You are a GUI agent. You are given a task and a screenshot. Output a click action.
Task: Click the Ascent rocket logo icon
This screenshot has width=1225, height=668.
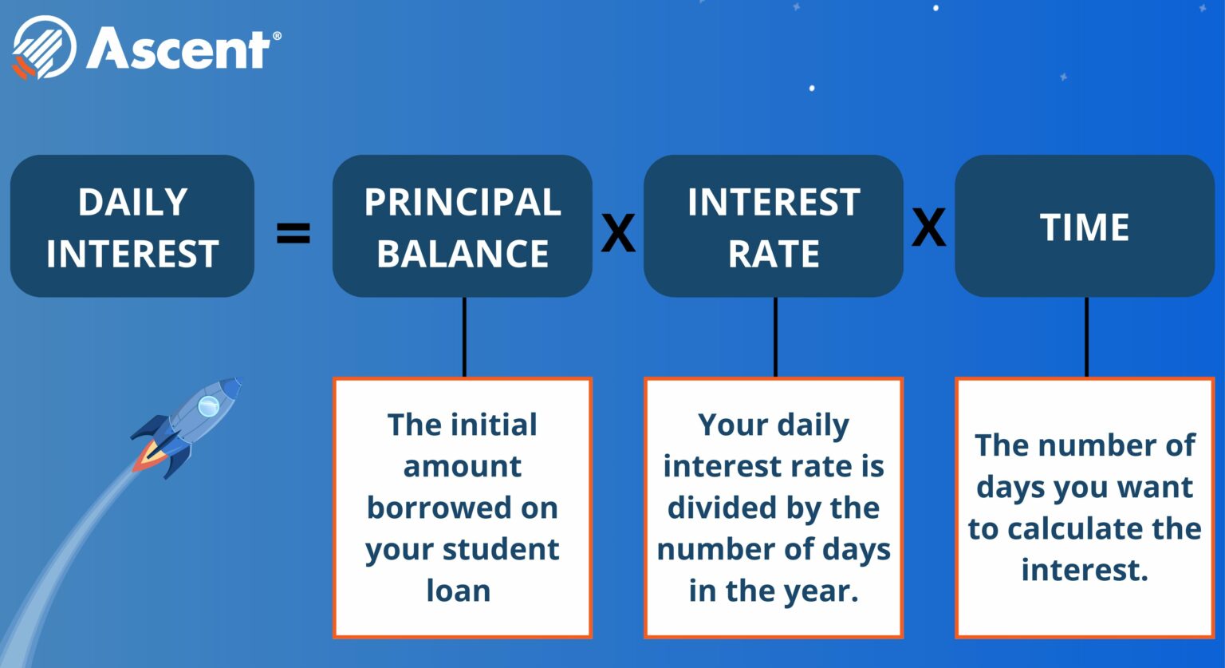[43, 48]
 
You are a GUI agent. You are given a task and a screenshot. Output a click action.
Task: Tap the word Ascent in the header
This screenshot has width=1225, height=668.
[179, 49]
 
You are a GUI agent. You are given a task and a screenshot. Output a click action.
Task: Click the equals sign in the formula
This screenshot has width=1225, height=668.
[293, 233]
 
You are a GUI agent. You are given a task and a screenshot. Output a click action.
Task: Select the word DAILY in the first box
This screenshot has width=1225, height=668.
[132, 202]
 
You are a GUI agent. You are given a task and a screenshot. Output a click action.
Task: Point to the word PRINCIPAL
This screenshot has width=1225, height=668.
[463, 202]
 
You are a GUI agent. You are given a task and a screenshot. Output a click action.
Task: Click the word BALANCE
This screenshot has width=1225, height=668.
[463, 254]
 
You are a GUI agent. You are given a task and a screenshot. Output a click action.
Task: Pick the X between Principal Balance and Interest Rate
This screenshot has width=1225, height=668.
[618, 233]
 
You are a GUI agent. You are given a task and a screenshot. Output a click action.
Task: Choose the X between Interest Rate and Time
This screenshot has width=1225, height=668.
[928, 227]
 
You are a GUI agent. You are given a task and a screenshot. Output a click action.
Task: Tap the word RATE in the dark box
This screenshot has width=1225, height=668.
[774, 255]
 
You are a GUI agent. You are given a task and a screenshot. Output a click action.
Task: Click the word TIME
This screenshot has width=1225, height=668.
[1085, 227]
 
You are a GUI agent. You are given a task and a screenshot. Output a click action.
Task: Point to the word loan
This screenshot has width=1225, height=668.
[458, 591]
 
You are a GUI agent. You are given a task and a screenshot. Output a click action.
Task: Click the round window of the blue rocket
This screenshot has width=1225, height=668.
[208, 406]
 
